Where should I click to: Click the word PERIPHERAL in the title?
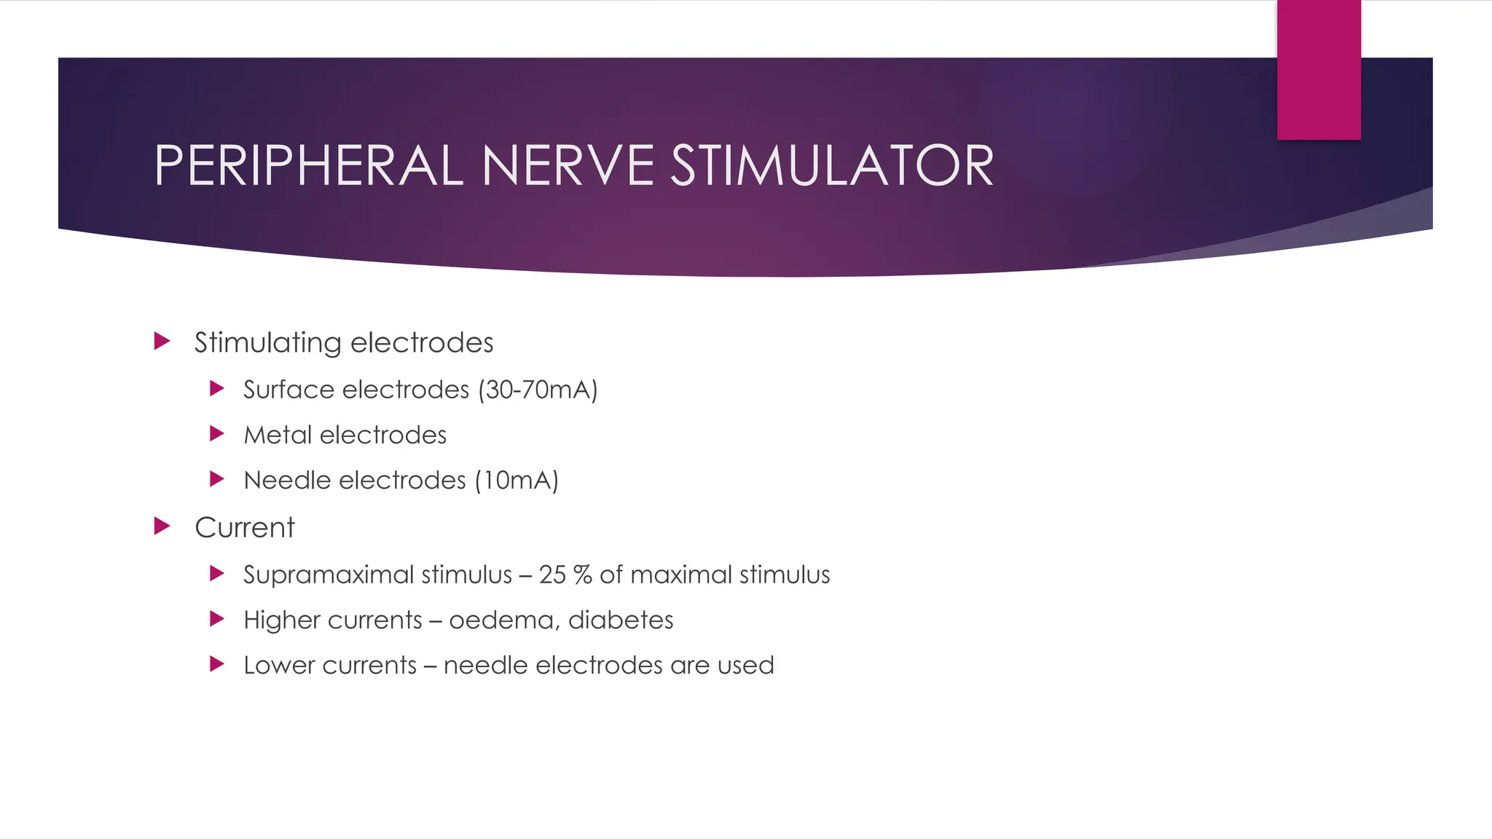[309, 166]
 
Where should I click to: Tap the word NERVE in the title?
[568, 166]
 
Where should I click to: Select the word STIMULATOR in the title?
[832, 166]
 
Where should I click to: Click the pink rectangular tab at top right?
[1319, 70]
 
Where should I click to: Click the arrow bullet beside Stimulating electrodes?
[162, 341]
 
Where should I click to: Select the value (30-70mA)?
[538, 390]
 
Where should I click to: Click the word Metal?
[278, 435]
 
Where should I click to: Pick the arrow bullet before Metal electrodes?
[216, 434]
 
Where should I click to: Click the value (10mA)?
[517, 480]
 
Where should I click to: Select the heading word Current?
[245, 527]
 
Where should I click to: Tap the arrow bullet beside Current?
[162, 526]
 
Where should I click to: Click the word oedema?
[503, 620]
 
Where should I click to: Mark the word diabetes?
[621, 620]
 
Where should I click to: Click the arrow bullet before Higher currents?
[216, 619]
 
